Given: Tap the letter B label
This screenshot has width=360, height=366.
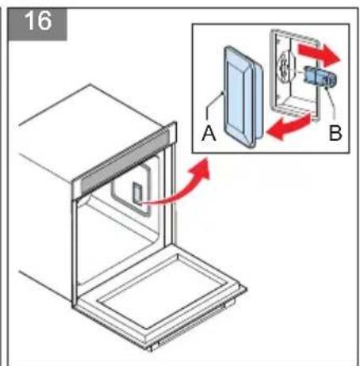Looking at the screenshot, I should tap(335, 134).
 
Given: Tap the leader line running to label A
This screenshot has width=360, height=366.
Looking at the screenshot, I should tap(216, 111).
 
